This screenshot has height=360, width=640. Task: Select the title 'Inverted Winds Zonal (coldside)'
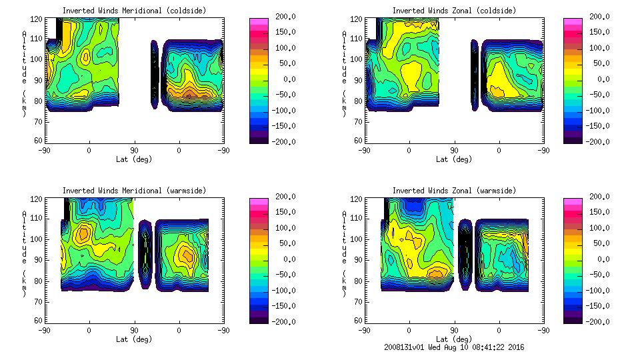[x=454, y=11]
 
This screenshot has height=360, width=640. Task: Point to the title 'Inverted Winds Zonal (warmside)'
[x=454, y=191]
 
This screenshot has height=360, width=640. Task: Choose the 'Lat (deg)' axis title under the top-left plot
[x=134, y=159]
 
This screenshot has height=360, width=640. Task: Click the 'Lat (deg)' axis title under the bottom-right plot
[x=454, y=339]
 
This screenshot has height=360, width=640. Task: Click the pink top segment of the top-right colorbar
[x=573, y=21]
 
